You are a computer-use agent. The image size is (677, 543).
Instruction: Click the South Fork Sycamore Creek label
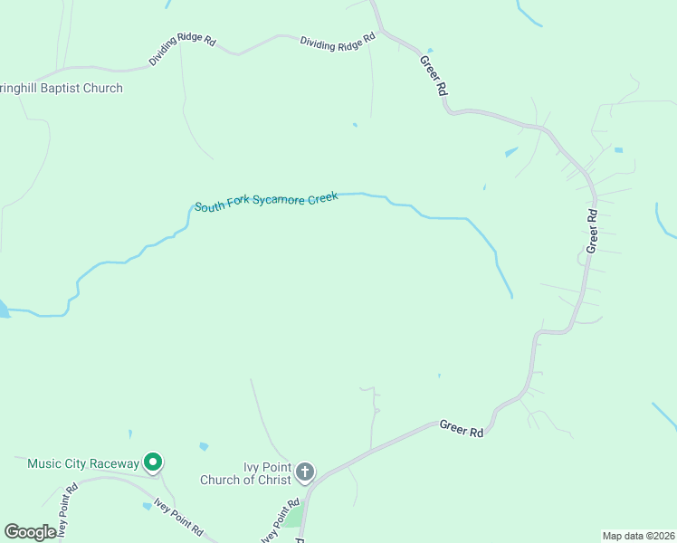pyautogui.click(x=266, y=201)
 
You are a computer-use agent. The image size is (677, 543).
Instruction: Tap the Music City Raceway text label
pyautogui.click(x=83, y=464)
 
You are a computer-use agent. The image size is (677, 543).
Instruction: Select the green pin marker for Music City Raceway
pyautogui.click(x=153, y=463)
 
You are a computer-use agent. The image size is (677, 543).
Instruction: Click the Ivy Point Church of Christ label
pyautogui.click(x=267, y=473)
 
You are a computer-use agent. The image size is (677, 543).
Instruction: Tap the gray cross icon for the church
pyautogui.click(x=305, y=472)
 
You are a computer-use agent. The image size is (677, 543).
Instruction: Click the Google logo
pyautogui.click(x=30, y=531)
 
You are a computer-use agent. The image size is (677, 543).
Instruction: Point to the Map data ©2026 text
pyautogui.click(x=639, y=535)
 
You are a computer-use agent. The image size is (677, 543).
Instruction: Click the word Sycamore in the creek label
pyautogui.click(x=277, y=200)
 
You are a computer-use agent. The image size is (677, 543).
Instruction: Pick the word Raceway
pyautogui.click(x=114, y=464)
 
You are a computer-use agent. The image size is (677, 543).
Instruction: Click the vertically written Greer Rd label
pyautogui.click(x=593, y=232)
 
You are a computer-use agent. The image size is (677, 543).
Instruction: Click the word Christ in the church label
pyautogui.click(x=272, y=480)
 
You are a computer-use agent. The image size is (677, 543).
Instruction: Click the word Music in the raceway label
pyautogui.click(x=44, y=464)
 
